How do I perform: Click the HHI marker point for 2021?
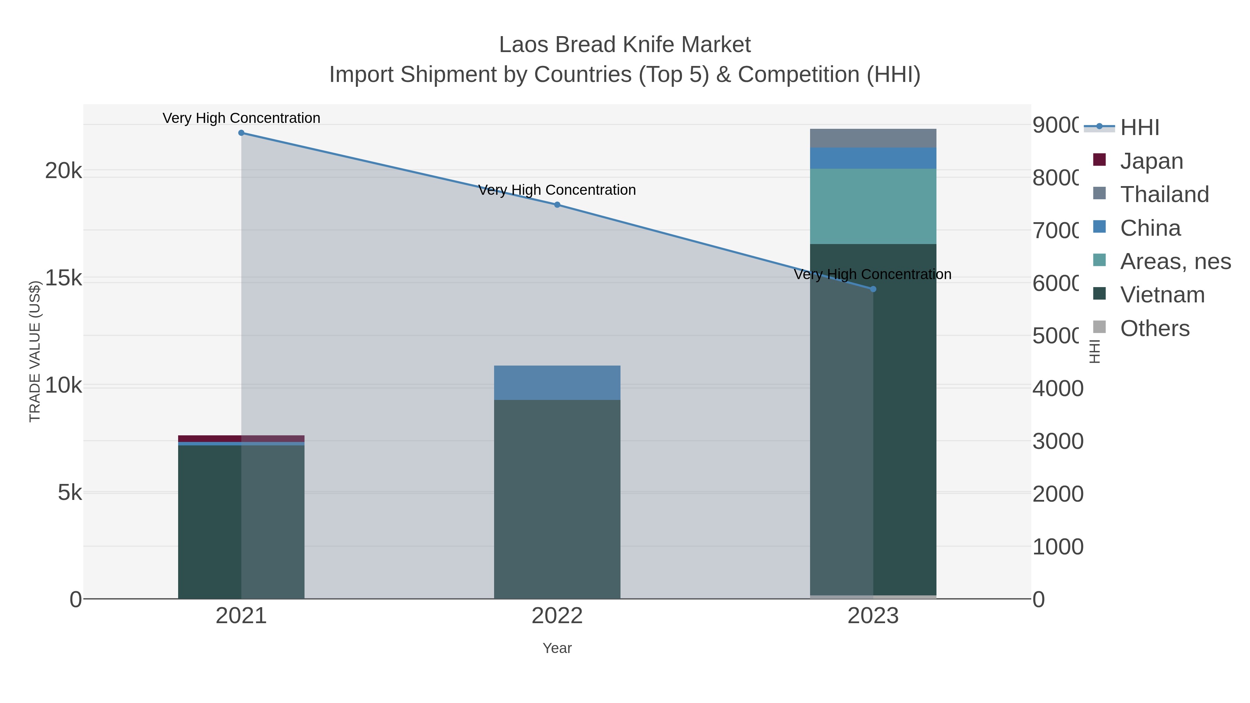(241, 133)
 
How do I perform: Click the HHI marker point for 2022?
(557, 205)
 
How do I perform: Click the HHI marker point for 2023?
(873, 289)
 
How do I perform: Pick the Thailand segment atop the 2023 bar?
(873, 138)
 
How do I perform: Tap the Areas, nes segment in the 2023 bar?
(873, 206)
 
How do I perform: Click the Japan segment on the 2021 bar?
(241, 438)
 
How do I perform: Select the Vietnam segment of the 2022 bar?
(557, 500)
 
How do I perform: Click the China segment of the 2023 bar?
(873, 158)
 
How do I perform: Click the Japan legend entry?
(1151, 161)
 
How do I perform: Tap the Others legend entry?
(1155, 328)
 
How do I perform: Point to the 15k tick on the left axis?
(63, 278)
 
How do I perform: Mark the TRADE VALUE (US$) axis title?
(35, 351)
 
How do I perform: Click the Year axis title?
(557, 648)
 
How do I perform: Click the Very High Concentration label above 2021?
(241, 118)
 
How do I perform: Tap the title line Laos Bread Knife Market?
(625, 45)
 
